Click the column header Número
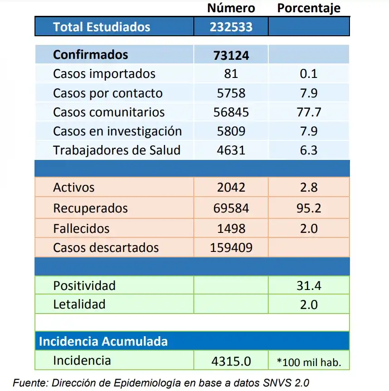tap(231, 8)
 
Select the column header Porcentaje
tap(309, 8)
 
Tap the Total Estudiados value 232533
tap(231, 27)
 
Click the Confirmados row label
tap(90, 55)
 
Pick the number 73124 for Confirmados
tap(231, 55)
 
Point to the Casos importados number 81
tap(231, 74)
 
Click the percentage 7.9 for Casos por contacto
tap(309, 93)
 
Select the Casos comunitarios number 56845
tap(231, 112)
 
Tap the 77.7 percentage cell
tap(309, 112)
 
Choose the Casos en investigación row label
tap(117, 131)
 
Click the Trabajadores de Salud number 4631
tap(231, 150)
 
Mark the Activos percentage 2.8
tap(309, 187)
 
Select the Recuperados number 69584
tap(231, 208)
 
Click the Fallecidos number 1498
tap(231, 228)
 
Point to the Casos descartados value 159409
tap(231, 248)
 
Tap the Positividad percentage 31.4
tap(309, 285)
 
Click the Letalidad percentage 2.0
tap(309, 304)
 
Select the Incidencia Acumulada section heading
tap(103, 341)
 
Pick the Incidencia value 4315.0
tap(231, 361)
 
